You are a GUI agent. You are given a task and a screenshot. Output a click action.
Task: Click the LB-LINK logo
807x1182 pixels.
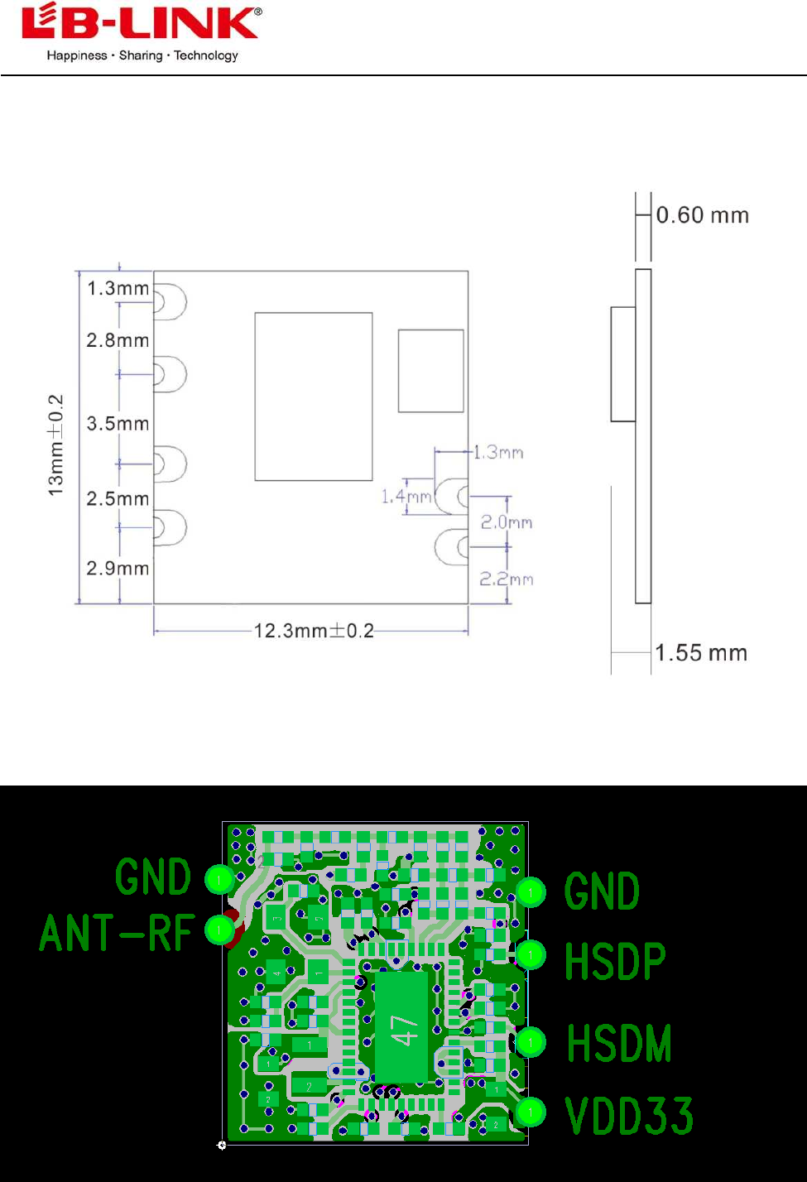(x=142, y=22)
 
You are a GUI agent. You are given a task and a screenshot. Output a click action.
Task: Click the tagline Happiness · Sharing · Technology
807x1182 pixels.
(x=142, y=55)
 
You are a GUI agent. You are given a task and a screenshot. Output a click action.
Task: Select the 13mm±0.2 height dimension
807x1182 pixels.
(x=55, y=444)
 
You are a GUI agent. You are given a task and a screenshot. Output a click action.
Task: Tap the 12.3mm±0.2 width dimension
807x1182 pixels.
(x=314, y=631)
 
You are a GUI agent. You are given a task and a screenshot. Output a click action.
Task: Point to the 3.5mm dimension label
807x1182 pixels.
(x=118, y=424)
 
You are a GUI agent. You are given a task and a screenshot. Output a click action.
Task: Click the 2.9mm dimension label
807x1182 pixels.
(x=118, y=569)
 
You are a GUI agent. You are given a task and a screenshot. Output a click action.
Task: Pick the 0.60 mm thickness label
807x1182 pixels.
(x=702, y=215)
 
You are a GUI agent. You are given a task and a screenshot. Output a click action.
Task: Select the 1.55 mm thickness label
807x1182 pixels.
(x=701, y=653)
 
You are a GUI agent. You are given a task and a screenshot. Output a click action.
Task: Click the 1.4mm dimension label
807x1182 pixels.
(x=406, y=497)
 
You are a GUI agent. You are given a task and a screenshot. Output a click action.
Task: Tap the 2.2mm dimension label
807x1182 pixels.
(x=507, y=579)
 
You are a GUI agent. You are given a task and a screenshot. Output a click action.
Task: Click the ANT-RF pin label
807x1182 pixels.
(x=117, y=933)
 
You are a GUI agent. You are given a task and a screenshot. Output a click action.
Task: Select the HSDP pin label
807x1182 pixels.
(x=615, y=961)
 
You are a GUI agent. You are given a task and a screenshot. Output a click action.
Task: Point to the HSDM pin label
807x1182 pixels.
(x=619, y=1043)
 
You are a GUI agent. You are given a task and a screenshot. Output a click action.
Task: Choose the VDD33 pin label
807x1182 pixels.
(x=629, y=1115)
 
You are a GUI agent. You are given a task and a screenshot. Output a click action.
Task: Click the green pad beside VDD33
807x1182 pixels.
(x=531, y=1111)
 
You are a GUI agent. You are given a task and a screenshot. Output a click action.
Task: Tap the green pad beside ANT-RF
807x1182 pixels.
(x=219, y=930)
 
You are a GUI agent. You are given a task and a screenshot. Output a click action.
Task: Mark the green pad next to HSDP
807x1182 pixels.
(x=531, y=954)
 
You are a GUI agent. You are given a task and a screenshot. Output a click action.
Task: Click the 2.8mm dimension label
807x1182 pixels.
(x=118, y=340)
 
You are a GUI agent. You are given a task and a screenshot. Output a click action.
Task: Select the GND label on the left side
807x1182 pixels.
(x=153, y=877)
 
